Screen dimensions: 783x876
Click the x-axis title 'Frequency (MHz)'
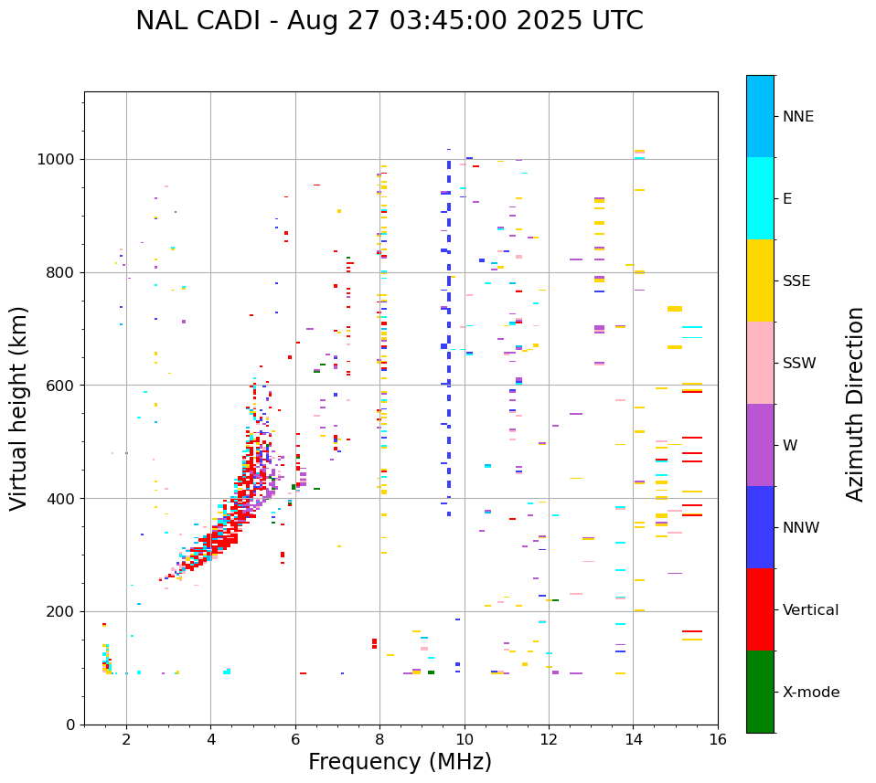pos(400,762)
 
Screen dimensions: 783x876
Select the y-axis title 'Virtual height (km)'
pos(19,407)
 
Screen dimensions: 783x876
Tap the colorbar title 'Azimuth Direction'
pos(855,403)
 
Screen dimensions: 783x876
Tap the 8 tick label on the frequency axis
pos(379,738)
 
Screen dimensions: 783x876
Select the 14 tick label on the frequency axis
pos(633,738)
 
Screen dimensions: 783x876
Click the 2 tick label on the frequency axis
pos(126,738)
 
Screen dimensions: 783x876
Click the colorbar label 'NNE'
pos(798,117)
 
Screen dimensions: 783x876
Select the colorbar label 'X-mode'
pos(811,693)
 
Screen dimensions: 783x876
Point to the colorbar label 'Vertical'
pos(810,610)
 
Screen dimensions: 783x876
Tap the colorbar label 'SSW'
pos(799,364)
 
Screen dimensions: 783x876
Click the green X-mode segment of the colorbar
pos(760,692)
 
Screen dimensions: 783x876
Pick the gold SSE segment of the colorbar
pos(760,280)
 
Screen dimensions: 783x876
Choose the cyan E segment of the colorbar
pos(760,198)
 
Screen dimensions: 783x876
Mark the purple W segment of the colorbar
pos(760,445)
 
